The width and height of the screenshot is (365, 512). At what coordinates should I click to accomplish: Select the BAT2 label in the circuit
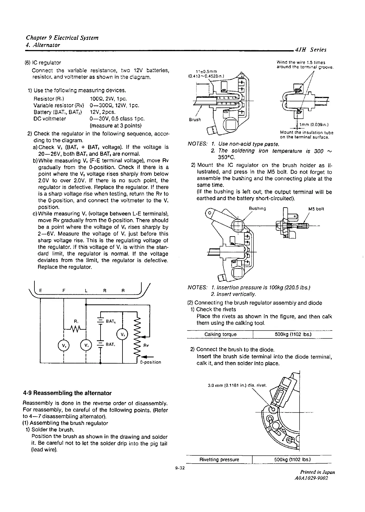(110, 321)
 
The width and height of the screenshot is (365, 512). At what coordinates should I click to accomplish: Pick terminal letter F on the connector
(63, 291)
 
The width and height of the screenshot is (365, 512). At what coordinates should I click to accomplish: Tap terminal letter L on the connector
(86, 291)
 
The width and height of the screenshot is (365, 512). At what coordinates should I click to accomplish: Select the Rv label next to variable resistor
(146, 345)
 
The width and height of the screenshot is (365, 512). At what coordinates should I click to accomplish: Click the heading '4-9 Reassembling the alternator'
(67, 393)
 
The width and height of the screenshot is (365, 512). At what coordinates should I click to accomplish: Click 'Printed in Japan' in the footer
(317, 472)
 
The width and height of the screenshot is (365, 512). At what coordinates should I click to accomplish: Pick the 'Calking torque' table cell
(220, 334)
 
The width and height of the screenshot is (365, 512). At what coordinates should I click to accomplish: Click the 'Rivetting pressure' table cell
(219, 459)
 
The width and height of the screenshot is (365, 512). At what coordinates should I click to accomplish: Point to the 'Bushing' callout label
(257, 209)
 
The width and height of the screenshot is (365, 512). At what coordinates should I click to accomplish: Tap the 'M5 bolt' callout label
(316, 209)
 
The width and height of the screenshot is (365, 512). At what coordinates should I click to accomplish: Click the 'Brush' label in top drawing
(195, 120)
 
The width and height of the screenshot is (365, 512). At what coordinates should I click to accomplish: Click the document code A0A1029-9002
(311, 478)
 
